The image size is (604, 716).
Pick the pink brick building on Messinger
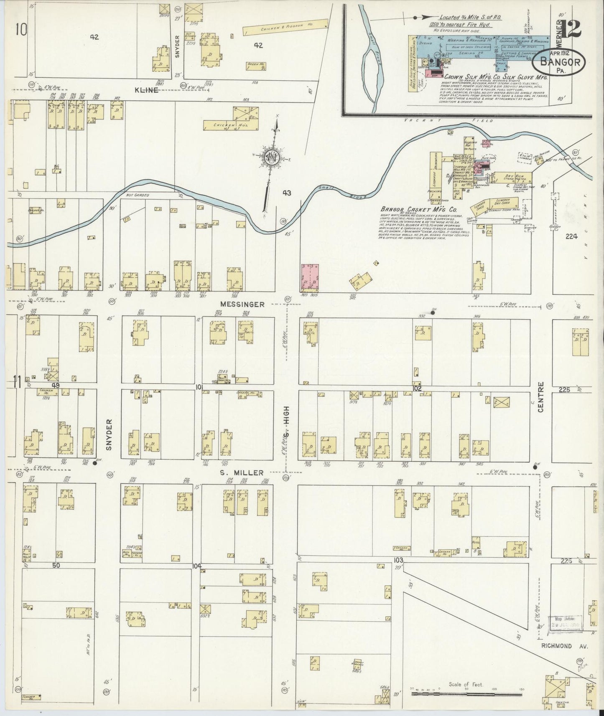point(310,277)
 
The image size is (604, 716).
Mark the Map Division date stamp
point(563,622)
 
